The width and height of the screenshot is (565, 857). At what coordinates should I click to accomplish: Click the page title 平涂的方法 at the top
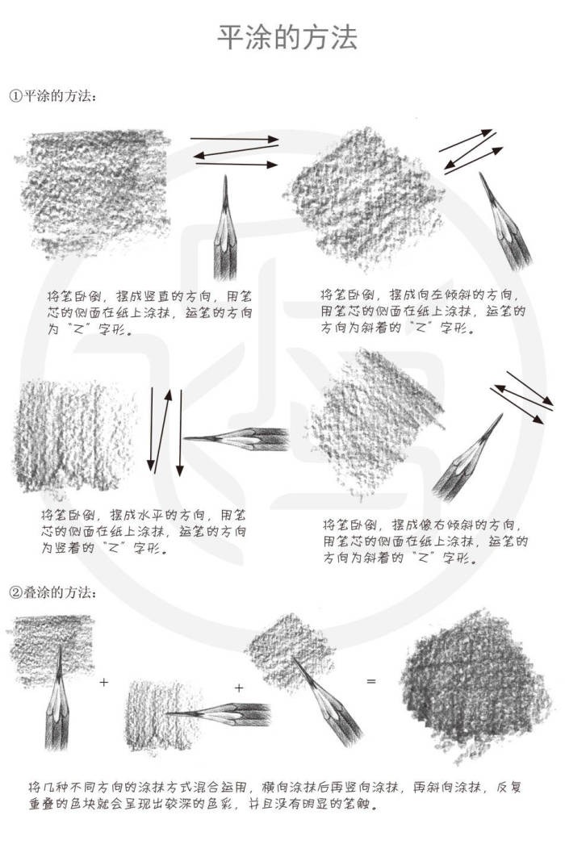click(x=287, y=37)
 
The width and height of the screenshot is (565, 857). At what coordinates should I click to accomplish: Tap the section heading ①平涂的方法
click(x=53, y=96)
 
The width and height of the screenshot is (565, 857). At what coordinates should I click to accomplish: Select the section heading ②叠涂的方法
click(x=53, y=592)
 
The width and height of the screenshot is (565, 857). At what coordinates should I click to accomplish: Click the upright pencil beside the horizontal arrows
click(x=225, y=228)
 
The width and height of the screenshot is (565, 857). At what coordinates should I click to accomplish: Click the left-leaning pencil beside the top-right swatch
click(x=505, y=221)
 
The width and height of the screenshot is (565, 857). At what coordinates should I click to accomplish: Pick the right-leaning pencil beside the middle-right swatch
click(x=467, y=458)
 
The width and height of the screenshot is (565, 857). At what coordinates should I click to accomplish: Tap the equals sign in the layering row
click(x=371, y=682)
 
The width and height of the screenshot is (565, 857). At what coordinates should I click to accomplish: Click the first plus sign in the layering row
click(x=104, y=682)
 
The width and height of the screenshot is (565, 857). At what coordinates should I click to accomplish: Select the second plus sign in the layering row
click(x=239, y=688)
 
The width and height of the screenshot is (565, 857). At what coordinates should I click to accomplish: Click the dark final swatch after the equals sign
click(x=475, y=686)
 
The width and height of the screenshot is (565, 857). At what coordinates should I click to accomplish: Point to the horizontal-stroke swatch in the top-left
click(x=94, y=192)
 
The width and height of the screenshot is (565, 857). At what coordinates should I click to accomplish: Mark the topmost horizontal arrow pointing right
click(x=234, y=140)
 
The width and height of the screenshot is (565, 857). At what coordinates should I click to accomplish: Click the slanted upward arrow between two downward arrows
click(x=163, y=431)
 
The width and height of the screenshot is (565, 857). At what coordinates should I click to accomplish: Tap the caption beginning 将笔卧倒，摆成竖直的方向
click(x=149, y=313)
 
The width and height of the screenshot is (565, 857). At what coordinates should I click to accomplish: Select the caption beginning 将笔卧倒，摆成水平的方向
click(x=143, y=531)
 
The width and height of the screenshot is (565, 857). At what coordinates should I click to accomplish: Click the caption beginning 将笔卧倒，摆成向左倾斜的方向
click(x=423, y=311)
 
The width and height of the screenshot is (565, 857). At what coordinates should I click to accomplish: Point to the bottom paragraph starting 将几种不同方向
click(x=275, y=796)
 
